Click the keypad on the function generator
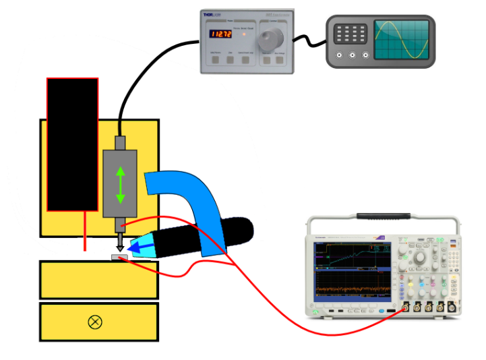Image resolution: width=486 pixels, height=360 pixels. coord(351,32)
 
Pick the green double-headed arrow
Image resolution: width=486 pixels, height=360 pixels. coord(120,184)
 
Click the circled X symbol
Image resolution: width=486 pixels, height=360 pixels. coord(95,322)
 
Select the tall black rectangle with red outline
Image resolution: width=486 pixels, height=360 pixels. coord(72,144)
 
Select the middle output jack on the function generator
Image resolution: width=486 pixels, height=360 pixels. coord(352,57)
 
